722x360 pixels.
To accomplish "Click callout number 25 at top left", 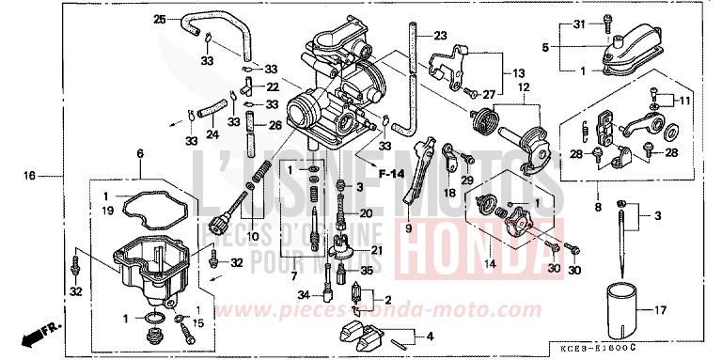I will (x=159, y=20).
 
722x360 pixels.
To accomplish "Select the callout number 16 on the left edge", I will (x=29, y=176).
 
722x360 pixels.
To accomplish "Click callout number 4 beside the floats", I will (x=431, y=336).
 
